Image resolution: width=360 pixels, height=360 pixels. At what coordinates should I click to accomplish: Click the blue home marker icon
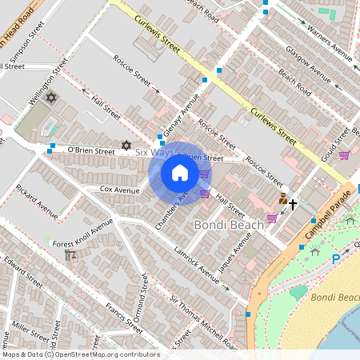[179, 173]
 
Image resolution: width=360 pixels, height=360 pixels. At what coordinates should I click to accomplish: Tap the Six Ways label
[154, 152]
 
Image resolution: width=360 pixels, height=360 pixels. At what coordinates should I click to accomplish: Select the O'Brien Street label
[91, 150]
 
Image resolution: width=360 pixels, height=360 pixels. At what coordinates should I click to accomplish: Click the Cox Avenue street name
[119, 190]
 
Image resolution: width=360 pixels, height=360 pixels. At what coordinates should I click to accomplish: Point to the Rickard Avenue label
[37, 204]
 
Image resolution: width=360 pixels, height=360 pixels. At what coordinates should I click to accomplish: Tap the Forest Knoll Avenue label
[83, 238]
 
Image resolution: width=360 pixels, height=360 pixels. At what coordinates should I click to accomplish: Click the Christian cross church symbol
[293, 205]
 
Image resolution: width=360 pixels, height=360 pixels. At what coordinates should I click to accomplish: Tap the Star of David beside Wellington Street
[51, 98]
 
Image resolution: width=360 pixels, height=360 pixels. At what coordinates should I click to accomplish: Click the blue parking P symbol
[335, 259]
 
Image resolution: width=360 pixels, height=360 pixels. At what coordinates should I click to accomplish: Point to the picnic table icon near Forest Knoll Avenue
[69, 254]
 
